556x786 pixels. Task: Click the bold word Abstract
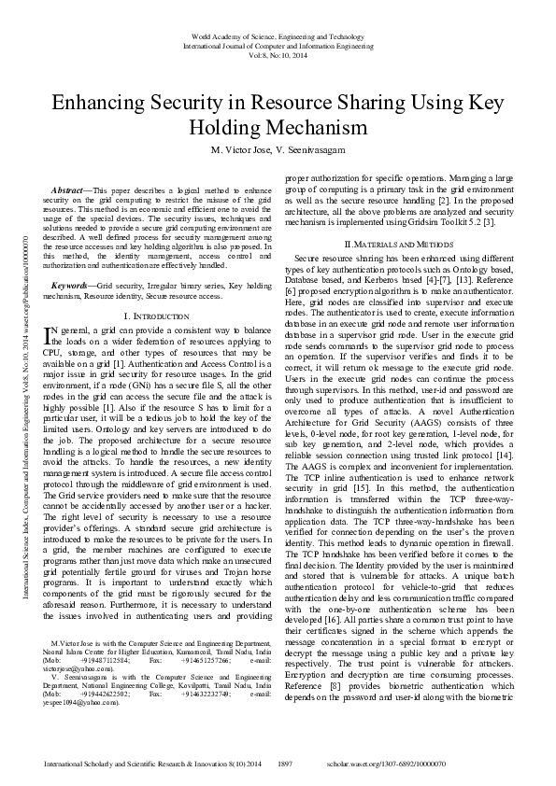tap(67, 189)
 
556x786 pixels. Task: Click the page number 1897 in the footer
tap(286, 763)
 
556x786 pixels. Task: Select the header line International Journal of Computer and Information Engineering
tap(278, 45)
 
